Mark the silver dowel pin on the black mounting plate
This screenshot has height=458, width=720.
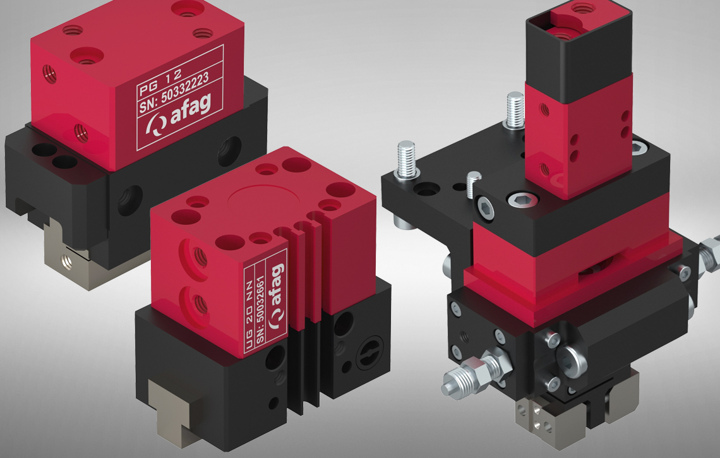[473, 184]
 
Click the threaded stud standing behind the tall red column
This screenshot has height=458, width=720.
[514, 111]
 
